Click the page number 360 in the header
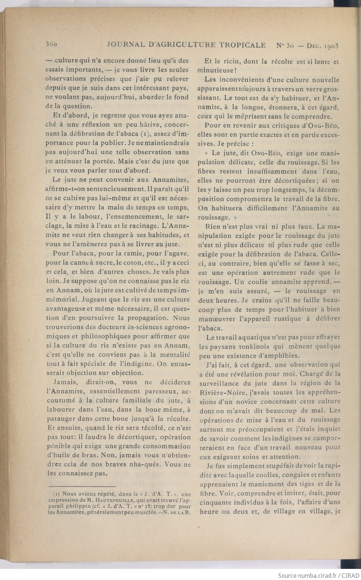click(x=51, y=45)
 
